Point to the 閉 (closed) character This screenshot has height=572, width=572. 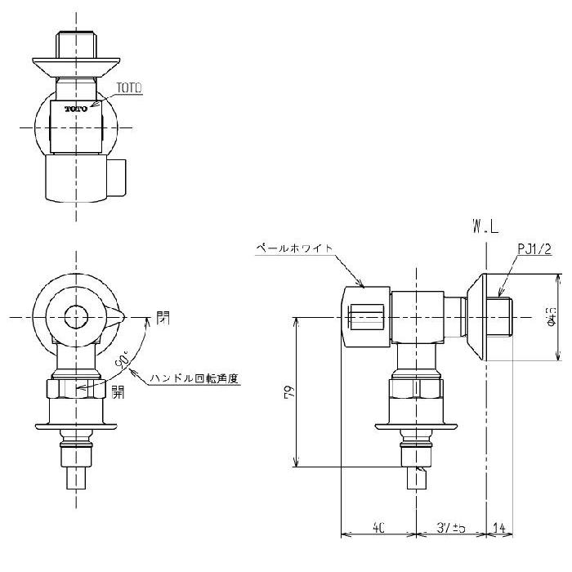click(163, 316)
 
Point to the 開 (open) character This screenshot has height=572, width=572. click(119, 391)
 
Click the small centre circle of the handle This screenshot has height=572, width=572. click(76, 315)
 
